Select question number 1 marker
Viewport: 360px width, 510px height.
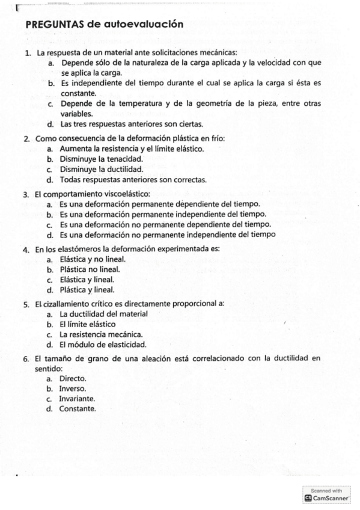(x=28, y=53)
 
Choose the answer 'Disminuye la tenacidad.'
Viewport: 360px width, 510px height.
(x=101, y=159)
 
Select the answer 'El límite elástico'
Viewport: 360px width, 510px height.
(x=87, y=324)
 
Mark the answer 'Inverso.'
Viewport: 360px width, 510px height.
(x=73, y=389)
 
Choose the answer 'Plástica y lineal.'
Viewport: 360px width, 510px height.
(x=87, y=289)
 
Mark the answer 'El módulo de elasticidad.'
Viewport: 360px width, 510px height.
(x=103, y=345)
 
